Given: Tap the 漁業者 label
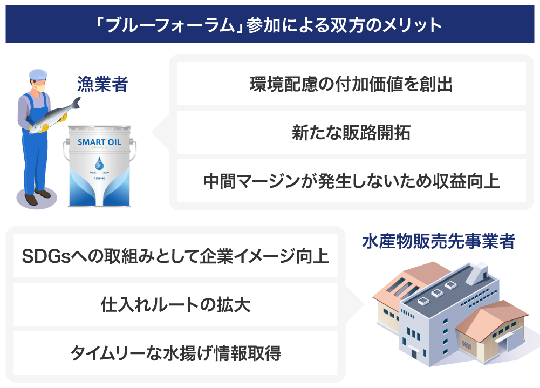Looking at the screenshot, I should click(102, 84).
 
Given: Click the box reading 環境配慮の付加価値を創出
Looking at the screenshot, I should click(351, 84).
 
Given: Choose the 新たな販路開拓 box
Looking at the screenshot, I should click(351, 133).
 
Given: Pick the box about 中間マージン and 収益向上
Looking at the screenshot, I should click(351, 181).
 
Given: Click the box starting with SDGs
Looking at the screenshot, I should click(175, 256).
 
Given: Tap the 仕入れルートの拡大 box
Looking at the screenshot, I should click(175, 304).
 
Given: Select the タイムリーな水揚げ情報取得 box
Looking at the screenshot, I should click(175, 353).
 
